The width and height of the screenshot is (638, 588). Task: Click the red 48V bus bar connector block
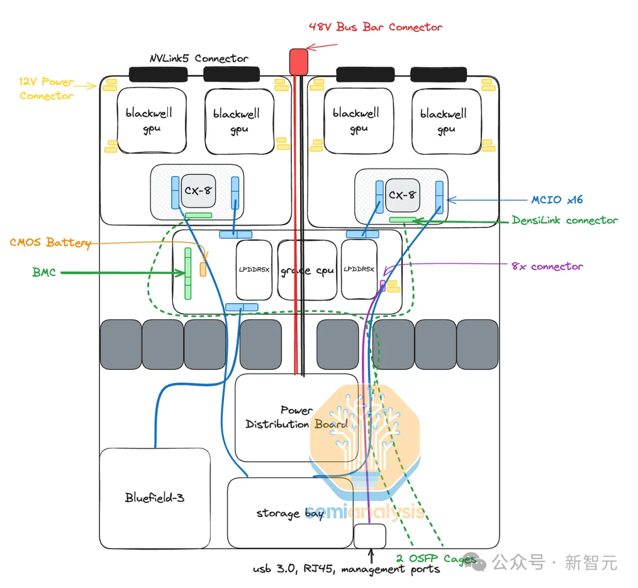[x=298, y=62]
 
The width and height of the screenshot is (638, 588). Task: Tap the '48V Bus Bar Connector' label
[x=375, y=27]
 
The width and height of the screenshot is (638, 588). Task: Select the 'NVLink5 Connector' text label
[x=199, y=59]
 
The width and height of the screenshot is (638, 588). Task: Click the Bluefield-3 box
[x=155, y=498]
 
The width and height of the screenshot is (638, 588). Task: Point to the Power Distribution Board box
[x=297, y=417]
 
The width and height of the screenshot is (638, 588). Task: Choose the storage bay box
[x=290, y=513]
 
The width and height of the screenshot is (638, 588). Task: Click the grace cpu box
[x=307, y=270]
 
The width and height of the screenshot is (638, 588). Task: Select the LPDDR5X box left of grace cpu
[x=254, y=269]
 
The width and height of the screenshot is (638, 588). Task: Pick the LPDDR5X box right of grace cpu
[x=359, y=269]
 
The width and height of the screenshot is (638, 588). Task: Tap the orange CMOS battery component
[x=203, y=269]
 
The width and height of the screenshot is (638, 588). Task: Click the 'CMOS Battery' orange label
[x=50, y=242]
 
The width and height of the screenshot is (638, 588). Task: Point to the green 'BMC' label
[x=44, y=272]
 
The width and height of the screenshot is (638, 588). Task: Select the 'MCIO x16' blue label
[x=557, y=200]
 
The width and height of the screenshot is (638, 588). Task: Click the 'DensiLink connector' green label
[x=565, y=220]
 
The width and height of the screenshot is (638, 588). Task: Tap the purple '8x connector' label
[x=547, y=267]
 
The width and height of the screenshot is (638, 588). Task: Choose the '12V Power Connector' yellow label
[x=47, y=89]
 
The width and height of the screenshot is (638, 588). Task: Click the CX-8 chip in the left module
[x=198, y=190]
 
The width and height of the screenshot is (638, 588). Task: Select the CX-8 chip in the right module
[x=402, y=195]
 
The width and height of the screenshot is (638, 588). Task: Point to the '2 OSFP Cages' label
[x=436, y=558]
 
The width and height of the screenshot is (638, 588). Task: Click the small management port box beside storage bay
[x=370, y=536]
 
